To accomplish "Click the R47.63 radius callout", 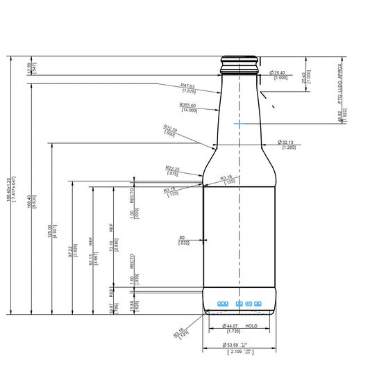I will tap(188, 87).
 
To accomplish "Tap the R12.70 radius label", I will tap(169, 128).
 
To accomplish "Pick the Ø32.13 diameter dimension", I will tap(289, 143).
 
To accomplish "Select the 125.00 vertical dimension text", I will tap(49, 230).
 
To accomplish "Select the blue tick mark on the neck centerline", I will tap(240, 123).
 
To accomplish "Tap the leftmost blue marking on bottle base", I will tap(223, 304).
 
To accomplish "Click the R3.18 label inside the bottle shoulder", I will tap(226, 179).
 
